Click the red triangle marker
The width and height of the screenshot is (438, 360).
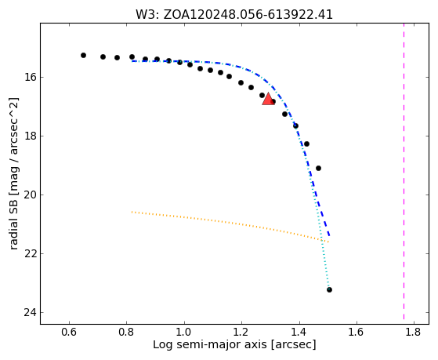point(268,100)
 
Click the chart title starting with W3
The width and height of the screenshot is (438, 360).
point(234,15)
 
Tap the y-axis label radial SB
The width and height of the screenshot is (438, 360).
point(13,173)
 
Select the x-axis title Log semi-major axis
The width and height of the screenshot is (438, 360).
point(234,344)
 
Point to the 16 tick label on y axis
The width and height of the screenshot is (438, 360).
point(29,77)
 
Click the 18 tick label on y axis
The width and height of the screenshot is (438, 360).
point(29,136)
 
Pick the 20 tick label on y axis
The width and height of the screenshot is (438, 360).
point(29,195)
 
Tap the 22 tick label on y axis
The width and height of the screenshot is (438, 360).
point(29,253)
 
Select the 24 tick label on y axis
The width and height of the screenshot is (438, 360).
point(29,312)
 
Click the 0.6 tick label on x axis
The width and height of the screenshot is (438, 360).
point(69,332)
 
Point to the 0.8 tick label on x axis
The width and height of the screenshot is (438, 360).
point(126,332)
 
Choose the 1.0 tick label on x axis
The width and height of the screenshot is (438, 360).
point(184,332)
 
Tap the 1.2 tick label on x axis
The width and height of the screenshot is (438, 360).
point(241,332)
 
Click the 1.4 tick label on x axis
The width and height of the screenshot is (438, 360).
point(299,332)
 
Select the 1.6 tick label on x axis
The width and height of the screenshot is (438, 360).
point(357,332)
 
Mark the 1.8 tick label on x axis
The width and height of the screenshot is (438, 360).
point(414,332)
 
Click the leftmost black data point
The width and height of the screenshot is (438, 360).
point(83,56)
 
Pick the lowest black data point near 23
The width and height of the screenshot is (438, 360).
point(329,289)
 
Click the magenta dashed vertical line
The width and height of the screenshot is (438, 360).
point(404,171)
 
